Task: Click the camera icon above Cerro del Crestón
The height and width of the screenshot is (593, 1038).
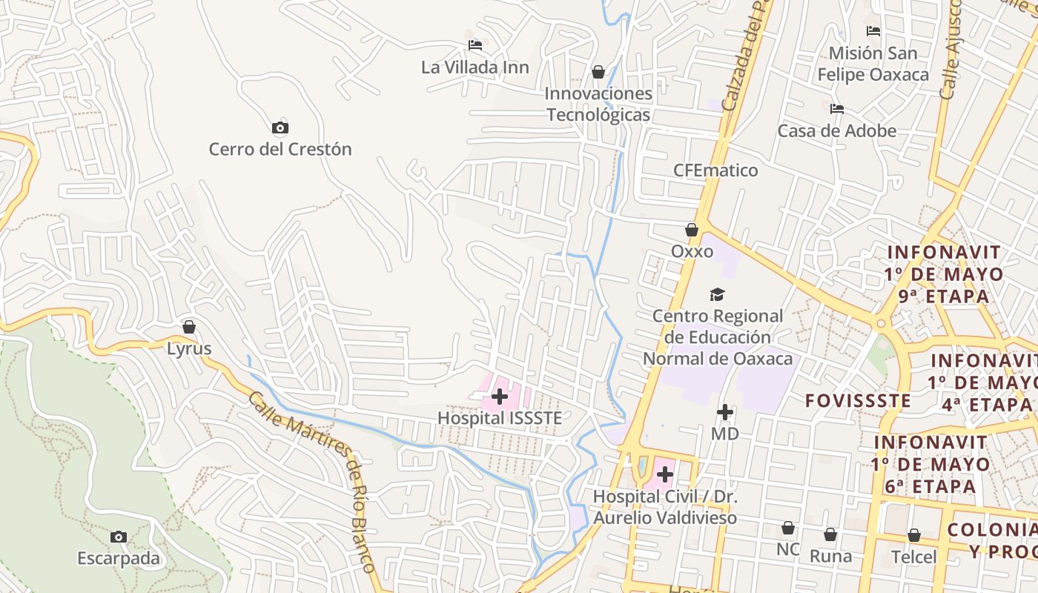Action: [x=280, y=128]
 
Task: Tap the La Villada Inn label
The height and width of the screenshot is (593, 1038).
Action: [x=475, y=67]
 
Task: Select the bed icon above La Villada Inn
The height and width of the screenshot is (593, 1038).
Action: [x=475, y=46]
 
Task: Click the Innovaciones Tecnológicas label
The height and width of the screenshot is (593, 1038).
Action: [x=598, y=104]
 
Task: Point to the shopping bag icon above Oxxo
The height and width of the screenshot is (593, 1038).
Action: [x=692, y=231]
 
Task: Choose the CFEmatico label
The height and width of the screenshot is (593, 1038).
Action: [x=715, y=170]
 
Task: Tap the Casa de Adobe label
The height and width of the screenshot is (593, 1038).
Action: [x=836, y=131]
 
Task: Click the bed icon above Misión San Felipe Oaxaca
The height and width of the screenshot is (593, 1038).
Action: [x=873, y=31]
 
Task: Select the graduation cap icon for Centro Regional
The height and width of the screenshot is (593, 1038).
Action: [x=717, y=295]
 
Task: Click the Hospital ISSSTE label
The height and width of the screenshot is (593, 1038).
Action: [x=499, y=418]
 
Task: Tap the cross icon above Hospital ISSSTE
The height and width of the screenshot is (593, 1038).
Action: [x=500, y=397]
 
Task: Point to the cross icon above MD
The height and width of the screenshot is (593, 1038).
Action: [x=725, y=412]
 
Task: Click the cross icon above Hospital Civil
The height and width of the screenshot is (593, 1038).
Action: [x=665, y=474]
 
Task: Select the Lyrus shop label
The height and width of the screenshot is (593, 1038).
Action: [x=189, y=348]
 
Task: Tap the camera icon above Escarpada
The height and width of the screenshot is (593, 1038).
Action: [x=119, y=537]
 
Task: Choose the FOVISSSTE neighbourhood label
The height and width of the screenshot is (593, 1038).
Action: [x=858, y=401]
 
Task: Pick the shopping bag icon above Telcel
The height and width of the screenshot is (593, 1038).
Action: [x=914, y=535]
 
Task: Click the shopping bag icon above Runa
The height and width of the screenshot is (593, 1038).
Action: [x=830, y=534]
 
